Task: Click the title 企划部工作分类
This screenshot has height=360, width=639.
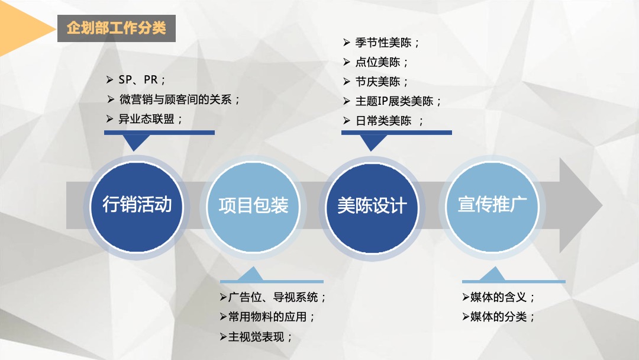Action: (x=117, y=28)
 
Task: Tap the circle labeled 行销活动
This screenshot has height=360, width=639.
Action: (x=137, y=205)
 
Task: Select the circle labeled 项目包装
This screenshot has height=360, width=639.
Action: (x=253, y=205)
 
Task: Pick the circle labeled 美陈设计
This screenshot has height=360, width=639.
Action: (x=372, y=205)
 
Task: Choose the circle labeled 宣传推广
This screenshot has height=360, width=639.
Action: (x=492, y=205)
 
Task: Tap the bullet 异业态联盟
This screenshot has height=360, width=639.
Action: (x=151, y=119)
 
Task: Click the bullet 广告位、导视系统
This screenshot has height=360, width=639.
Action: (x=277, y=297)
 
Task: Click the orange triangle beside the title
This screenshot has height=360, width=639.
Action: (x=18, y=27)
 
